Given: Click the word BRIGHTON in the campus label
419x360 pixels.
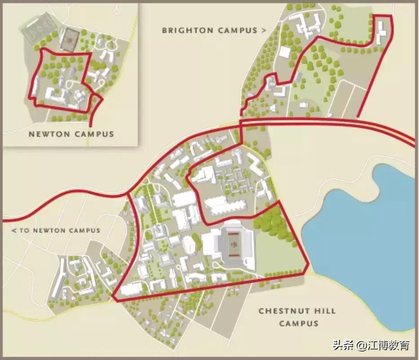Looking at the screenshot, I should [188, 31].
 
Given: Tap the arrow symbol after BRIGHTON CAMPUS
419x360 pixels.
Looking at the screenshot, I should [263, 31].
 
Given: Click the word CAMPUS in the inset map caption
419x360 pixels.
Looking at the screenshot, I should [93, 134].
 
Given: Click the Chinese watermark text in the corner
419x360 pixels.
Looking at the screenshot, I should [371, 345].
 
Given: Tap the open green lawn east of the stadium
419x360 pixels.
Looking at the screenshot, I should [278, 254].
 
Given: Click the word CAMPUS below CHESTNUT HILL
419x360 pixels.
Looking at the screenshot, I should [298, 323].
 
